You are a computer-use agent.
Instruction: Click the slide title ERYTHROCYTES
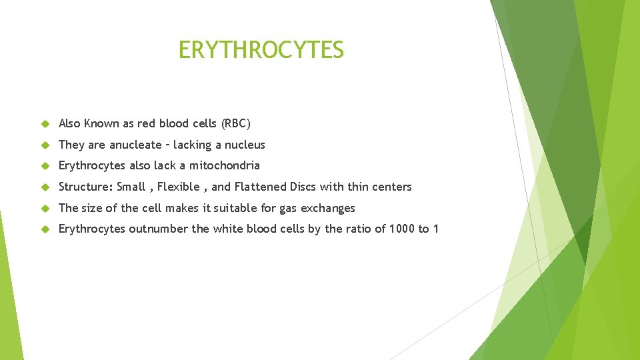click(x=261, y=50)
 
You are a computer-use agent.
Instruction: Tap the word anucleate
click(x=135, y=145)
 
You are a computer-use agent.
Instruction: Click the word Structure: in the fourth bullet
click(x=86, y=187)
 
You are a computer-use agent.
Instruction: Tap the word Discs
click(x=304, y=187)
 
